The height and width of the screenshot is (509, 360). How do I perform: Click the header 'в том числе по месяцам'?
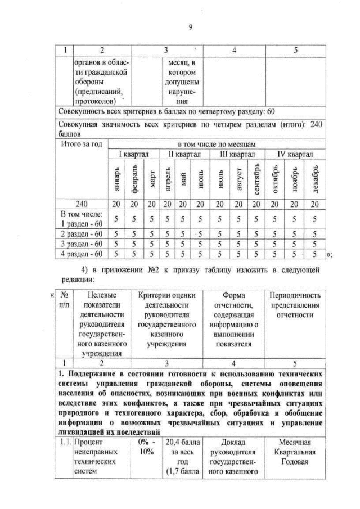[x=217, y=145]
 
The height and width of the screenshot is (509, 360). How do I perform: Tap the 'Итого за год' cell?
[x=82, y=145]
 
